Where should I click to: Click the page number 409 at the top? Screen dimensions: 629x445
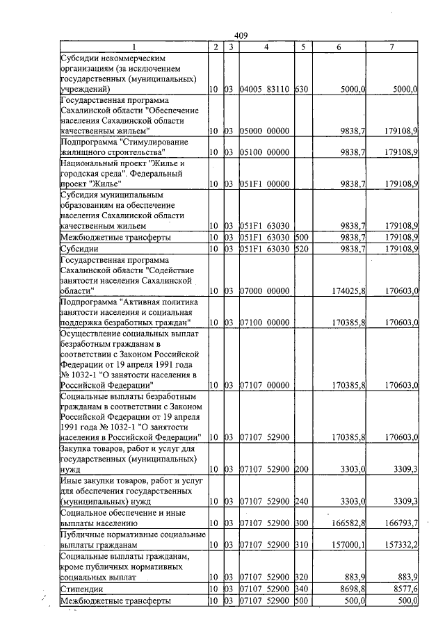click(241, 35)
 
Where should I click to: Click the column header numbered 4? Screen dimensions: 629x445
click(266, 47)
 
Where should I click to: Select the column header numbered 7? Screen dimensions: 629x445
click(392, 47)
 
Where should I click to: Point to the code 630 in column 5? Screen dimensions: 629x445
click(301, 90)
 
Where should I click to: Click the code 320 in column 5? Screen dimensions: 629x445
click(301, 577)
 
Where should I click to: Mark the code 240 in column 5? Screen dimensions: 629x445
click(301, 500)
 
